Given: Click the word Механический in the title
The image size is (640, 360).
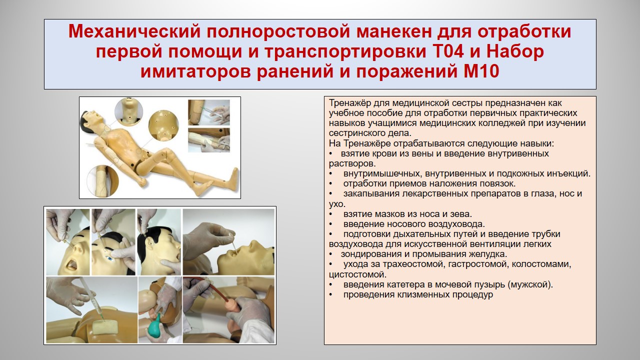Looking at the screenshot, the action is (134, 31).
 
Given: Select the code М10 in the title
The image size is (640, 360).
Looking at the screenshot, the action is (481, 71).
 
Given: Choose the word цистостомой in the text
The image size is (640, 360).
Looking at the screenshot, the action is (357, 274).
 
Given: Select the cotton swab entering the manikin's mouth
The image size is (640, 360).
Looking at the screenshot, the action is (232, 245).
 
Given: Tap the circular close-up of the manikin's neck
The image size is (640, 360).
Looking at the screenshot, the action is (128, 111).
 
